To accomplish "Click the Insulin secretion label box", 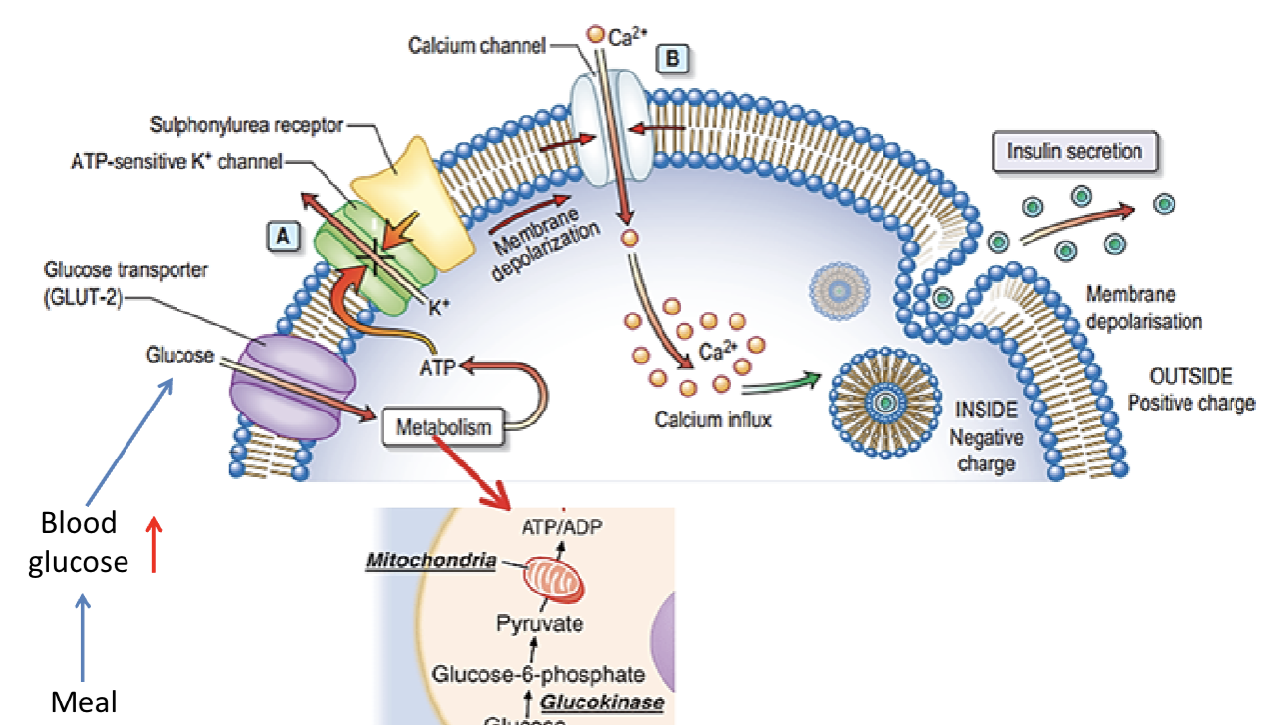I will pyautogui.click(x=1075, y=152).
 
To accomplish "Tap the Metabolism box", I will pyautogui.click(x=442, y=427).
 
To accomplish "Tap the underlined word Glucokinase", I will pyautogui.click(x=602, y=702).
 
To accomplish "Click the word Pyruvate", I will pyautogui.click(x=540, y=624).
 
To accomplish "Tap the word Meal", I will pyautogui.click(x=83, y=701).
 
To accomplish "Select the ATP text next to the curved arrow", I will pyautogui.click(x=437, y=369).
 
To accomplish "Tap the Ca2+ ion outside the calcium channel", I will pyautogui.click(x=594, y=35).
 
